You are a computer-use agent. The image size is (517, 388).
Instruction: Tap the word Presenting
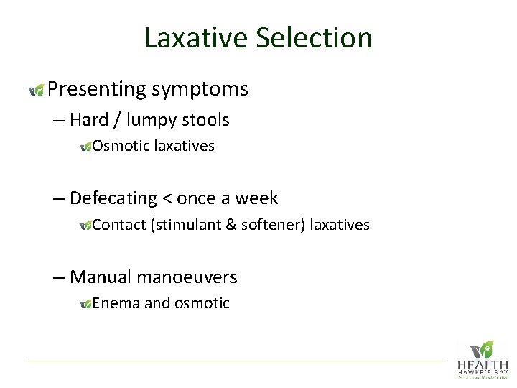pyautogui.click(x=97, y=89)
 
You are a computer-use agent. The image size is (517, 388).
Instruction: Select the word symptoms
pyautogui.click(x=200, y=89)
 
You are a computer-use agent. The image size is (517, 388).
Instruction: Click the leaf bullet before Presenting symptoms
pyautogui.click(x=36, y=90)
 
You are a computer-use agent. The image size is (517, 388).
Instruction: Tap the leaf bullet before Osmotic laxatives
pyautogui.click(x=85, y=147)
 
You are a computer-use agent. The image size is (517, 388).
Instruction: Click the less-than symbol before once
pyautogui.click(x=167, y=199)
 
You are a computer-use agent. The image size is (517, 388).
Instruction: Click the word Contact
pyautogui.click(x=119, y=225)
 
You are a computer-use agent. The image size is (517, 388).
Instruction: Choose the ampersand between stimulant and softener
pyautogui.click(x=231, y=225)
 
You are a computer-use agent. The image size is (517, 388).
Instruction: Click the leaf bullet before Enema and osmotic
pyautogui.click(x=85, y=304)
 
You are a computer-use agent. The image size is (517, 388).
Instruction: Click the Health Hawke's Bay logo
pyautogui.click(x=482, y=359)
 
